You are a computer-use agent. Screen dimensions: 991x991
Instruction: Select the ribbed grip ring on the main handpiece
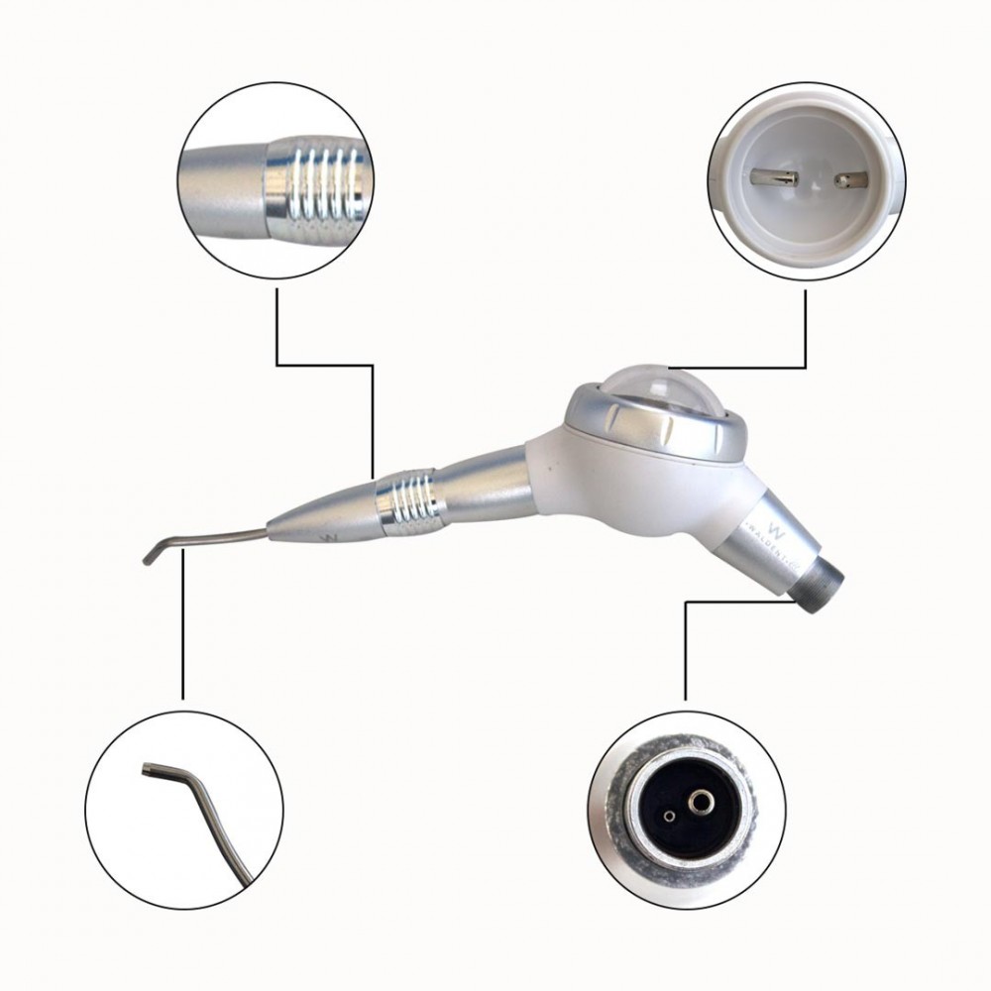pos(408,500)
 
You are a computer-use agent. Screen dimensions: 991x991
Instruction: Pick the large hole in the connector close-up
pos(703,800)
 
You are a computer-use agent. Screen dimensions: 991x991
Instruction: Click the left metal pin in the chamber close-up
pos(775,178)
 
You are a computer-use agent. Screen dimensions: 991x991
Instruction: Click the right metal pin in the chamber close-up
pos(850,180)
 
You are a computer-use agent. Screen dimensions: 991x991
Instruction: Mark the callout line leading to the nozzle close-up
pos(182,624)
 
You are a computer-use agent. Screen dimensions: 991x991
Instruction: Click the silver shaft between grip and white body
pos(486,484)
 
